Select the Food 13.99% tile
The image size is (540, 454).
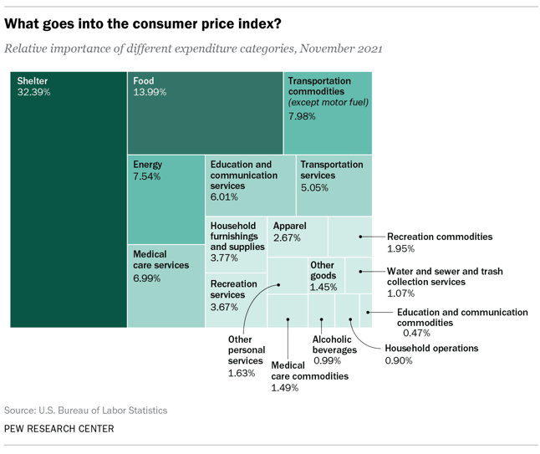205,113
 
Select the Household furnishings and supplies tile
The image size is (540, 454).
236,242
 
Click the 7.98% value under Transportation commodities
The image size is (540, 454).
302,116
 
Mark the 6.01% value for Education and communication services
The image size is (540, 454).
224,197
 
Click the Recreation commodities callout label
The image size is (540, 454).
440,237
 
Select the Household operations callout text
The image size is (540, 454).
431,348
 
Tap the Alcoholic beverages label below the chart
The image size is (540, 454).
334,344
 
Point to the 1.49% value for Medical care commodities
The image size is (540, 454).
285,388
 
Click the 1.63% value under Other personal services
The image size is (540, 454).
241,373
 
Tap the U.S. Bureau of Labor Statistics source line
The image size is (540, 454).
85,411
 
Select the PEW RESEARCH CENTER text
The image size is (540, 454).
59,429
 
